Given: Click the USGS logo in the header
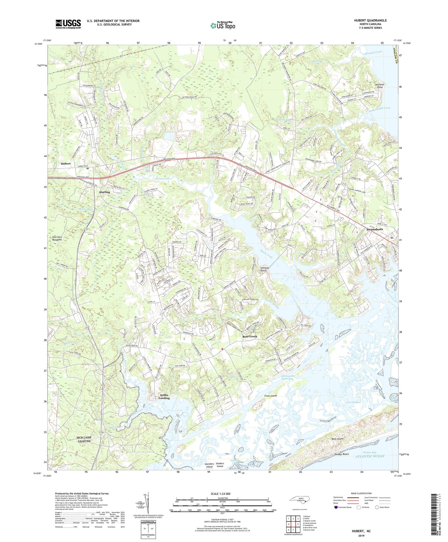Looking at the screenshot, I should point(68,24).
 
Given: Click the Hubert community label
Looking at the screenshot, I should point(66,164).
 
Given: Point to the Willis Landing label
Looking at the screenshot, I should point(164,397).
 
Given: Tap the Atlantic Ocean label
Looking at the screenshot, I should point(369,456).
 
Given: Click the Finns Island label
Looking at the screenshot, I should point(271,396).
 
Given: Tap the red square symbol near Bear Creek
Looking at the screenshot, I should point(222,349).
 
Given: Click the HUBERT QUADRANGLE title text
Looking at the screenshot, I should point(370,20).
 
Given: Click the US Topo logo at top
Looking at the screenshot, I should point(223,26).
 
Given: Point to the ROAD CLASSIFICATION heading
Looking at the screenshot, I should point(361,493).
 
